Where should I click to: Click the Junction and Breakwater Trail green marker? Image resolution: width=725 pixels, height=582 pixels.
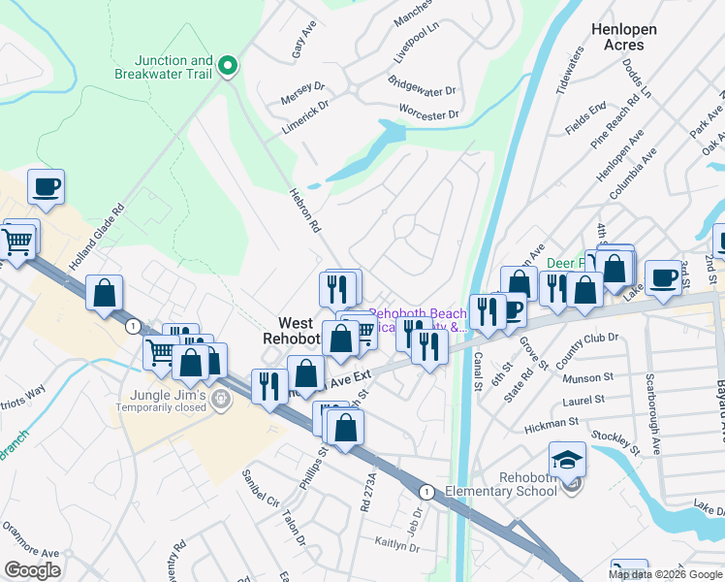[229, 66]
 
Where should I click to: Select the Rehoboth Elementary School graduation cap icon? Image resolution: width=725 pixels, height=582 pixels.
[567, 458]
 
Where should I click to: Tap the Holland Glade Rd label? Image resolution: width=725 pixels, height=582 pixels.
[98, 238]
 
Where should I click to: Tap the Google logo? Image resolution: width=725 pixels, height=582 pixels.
[33, 570]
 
